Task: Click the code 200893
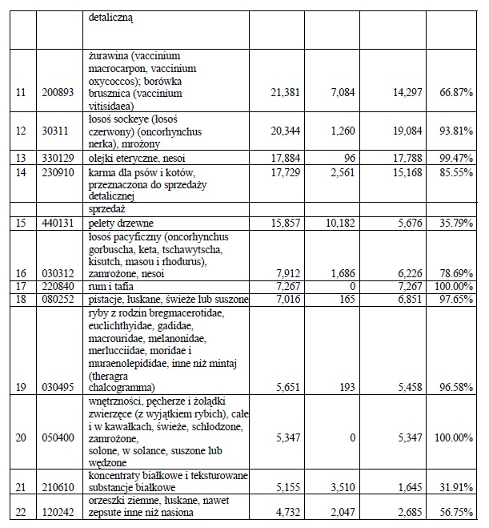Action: (x=58, y=92)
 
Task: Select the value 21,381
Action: (x=285, y=92)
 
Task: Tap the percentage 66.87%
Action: (x=456, y=92)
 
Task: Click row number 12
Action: (x=21, y=131)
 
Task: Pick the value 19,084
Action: (x=407, y=131)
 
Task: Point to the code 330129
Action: (x=58, y=158)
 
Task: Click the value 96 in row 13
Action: (x=350, y=158)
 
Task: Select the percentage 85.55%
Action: (x=456, y=172)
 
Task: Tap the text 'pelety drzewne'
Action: (x=121, y=223)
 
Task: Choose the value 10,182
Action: (x=340, y=223)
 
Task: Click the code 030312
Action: (x=58, y=273)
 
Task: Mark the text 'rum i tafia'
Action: (x=110, y=286)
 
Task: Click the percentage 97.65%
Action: (x=456, y=299)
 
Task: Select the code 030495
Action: (x=58, y=387)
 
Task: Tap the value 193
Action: (x=347, y=387)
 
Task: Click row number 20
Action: (x=21, y=437)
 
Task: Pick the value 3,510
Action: (x=343, y=487)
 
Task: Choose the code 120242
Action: (x=58, y=513)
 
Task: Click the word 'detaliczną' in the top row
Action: (x=110, y=18)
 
